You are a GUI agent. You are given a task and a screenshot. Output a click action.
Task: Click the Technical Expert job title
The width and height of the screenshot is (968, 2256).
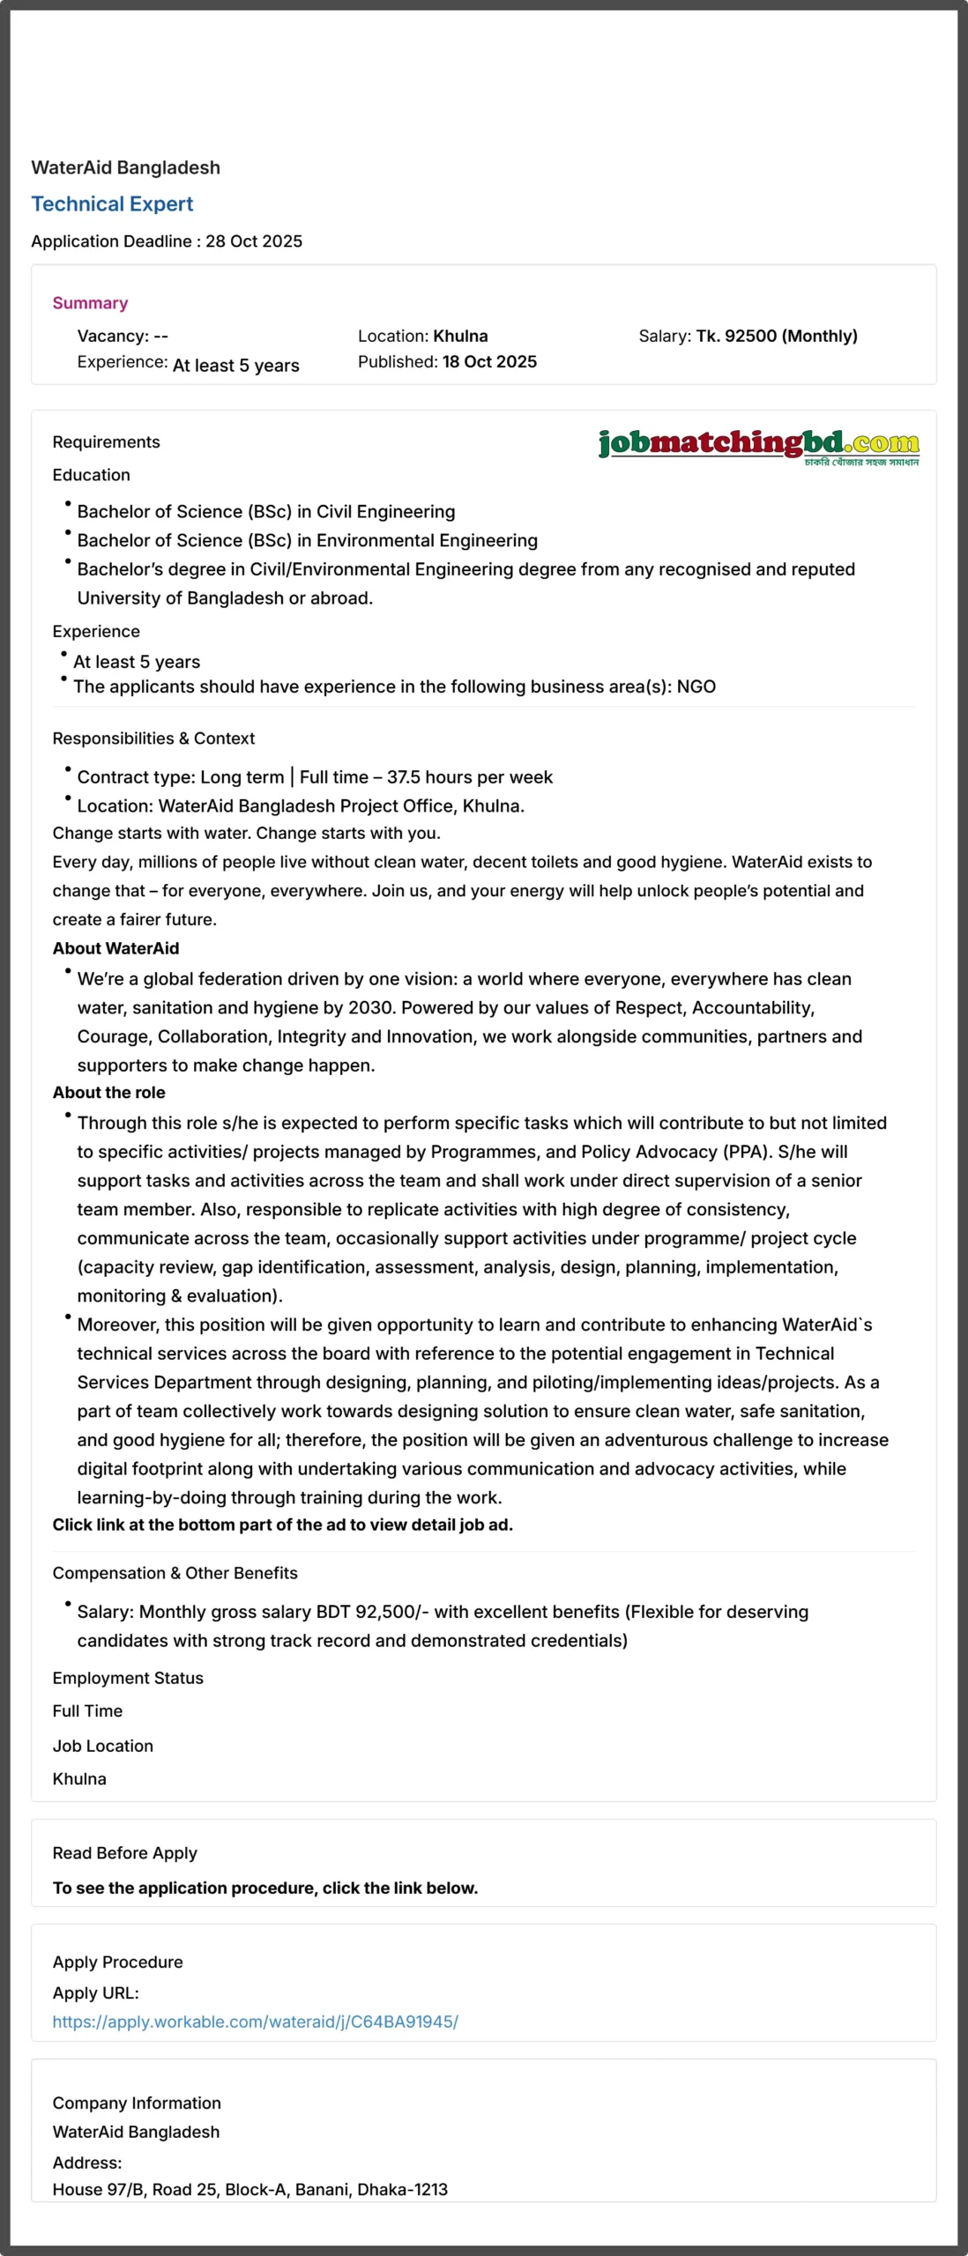pyautogui.click(x=112, y=204)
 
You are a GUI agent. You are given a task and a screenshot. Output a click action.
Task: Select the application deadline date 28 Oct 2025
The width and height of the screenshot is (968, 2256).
pyautogui.click(x=254, y=241)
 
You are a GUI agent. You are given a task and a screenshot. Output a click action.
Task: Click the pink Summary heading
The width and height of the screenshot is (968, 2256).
pyautogui.click(x=90, y=303)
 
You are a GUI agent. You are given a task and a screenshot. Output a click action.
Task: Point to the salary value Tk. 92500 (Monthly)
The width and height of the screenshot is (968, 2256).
pyautogui.click(x=777, y=336)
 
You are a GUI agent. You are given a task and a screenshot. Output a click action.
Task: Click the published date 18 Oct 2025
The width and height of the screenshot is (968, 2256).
pyautogui.click(x=489, y=361)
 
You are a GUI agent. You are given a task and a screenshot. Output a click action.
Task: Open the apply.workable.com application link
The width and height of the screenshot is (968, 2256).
pyautogui.click(x=255, y=2022)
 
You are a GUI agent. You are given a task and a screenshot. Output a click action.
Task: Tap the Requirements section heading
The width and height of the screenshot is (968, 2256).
pyautogui.click(x=106, y=442)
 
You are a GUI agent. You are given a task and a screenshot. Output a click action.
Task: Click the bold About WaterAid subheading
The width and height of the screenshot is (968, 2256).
pyautogui.click(x=115, y=948)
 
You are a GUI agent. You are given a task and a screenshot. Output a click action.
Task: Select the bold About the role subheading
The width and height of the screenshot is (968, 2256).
pyautogui.click(x=108, y=1092)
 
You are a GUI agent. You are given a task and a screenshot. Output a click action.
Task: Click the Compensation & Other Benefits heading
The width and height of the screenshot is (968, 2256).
pyautogui.click(x=175, y=1573)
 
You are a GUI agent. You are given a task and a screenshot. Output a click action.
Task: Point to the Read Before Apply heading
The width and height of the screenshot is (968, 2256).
pyautogui.click(x=124, y=1853)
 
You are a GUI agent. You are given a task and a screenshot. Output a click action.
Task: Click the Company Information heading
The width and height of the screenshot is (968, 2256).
pyautogui.click(x=137, y=2103)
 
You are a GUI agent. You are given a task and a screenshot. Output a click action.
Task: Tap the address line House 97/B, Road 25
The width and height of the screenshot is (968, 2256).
pyautogui.click(x=249, y=2189)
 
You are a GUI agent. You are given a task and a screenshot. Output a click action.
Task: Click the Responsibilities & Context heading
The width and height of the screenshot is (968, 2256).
pyautogui.click(x=153, y=738)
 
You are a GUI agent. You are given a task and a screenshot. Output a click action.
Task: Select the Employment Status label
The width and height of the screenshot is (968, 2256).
pyautogui.click(x=128, y=1678)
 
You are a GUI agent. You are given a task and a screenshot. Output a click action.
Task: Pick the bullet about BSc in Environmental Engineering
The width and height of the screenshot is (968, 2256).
pyautogui.click(x=307, y=540)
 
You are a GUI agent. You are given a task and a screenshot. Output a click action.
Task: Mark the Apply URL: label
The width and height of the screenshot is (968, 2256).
pyautogui.click(x=95, y=1993)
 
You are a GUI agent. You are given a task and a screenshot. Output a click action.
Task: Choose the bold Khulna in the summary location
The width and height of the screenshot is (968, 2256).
pyautogui.click(x=460, y=336)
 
